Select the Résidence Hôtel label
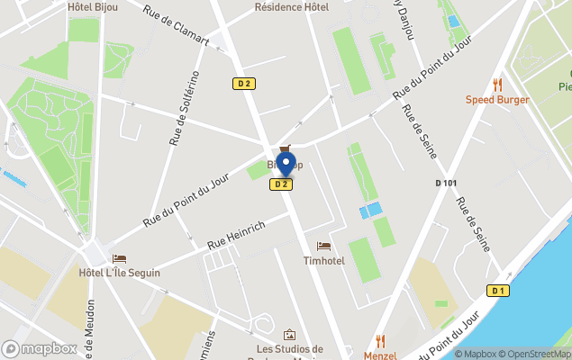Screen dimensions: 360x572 click(292, 6)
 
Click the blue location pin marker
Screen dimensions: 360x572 click(286, 165)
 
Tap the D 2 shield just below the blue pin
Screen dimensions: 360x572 click(281, 184)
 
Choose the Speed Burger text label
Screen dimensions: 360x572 click(496, 99)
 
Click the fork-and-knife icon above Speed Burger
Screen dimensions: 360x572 click(496, 84)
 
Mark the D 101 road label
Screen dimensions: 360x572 click(446, 184)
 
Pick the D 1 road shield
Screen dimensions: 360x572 click(498, 290)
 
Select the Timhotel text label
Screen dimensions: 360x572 click(323, 261)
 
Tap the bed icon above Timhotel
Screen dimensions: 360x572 click(324, 246)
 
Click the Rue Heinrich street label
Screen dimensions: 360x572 click(236, 235)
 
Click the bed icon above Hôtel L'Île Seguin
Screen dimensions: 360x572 click(119, 258)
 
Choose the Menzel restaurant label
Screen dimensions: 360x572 click(380, 355)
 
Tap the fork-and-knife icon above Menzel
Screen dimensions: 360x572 click(381, 340)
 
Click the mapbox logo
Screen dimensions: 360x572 click(40, 348)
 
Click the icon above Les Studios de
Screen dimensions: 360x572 click(289, 335)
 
